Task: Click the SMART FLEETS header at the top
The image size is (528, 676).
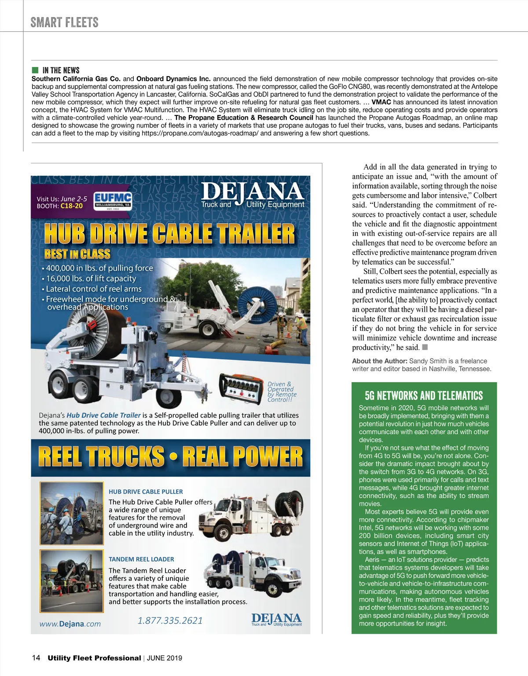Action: pyautogui.click(x=64, y=22)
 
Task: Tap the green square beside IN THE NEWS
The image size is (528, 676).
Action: pyautogui.click(x=35, y=70)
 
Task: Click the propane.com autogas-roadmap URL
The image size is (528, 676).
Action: pyautogui.click(x=200, y=133)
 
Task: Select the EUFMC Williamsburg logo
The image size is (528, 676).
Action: pyautogui.click(x=113, y=202)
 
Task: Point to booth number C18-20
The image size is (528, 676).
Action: pyautogui.click(x=72, y=206)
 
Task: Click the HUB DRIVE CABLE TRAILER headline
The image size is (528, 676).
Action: pyautogui.click(x=169, y=233)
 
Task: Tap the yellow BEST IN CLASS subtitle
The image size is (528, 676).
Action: pyautogui.click(x=77, y=254)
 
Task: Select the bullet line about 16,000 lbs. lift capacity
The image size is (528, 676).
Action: pyautogui.click(x=91, y=278)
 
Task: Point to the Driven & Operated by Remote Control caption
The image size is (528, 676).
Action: pyautogui.click(x=282, y=392)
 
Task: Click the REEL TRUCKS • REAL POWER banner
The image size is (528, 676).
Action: pyautogui.click(x=171, y=457)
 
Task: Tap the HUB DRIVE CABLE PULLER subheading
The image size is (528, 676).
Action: pyautogui.click(x=146, y=491)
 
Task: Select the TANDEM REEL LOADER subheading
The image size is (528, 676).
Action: pyautogui.click(x=141, y=559)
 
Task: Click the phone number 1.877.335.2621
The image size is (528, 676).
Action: pyautogui.click(x=170, y=621)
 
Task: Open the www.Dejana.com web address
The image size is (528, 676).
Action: pyautogui.click(x=70, y=624)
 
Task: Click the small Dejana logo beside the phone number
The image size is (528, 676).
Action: pyautogui.click(x=276, y=619)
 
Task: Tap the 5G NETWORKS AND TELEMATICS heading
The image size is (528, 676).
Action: pyautogui.click(x=424, y=395)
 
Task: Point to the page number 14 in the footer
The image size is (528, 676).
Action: pyautogui.click(x=36, y=658)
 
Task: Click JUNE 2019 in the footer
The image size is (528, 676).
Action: pyautogui.click(x=164, y=658)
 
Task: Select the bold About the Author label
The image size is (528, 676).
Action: pyautogui.click(x=379, y=361)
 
